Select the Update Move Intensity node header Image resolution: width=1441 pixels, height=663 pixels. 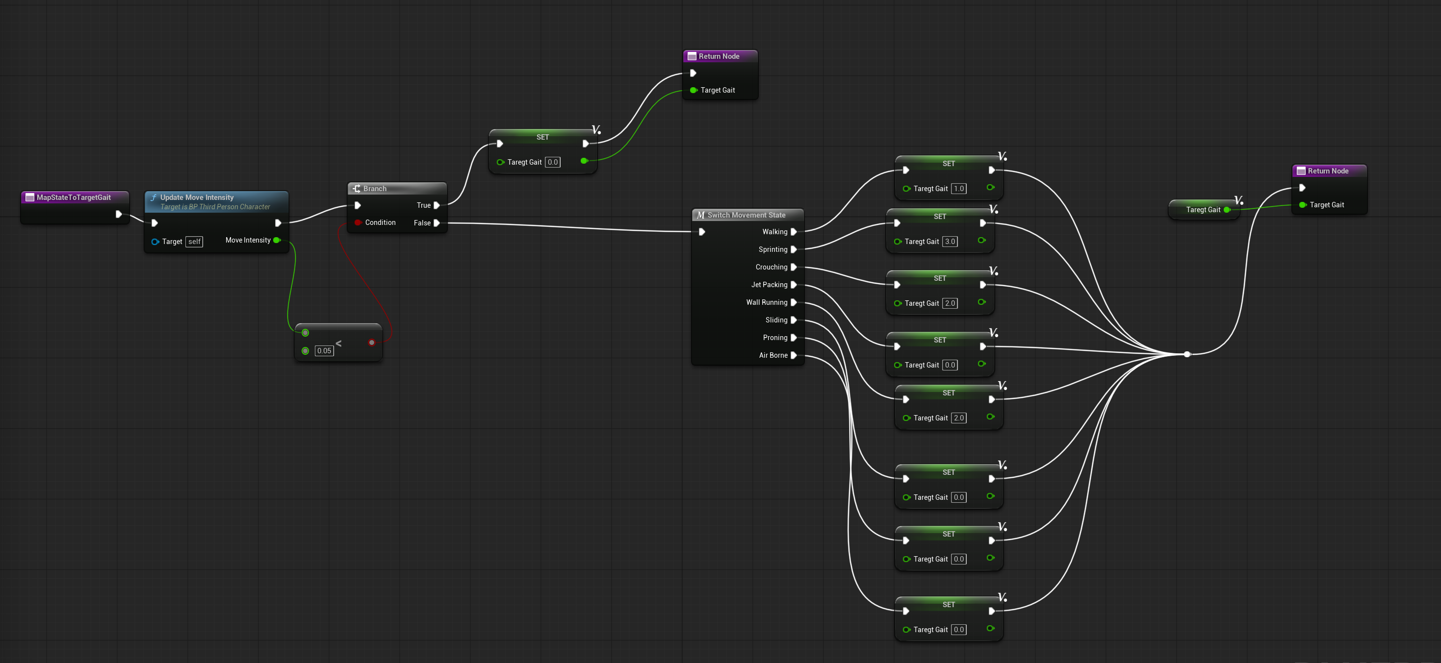pyautogui.click(x=197, y=197)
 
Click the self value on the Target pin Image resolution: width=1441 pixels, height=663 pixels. pyautogui.click(x=194, y=242)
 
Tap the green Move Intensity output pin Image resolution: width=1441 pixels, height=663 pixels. pyautogui.click(x=276, y=241)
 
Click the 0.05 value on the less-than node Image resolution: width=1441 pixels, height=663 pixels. pyautogui.click(x=324, y=351)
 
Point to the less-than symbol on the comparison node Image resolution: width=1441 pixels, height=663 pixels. pyautogui.click(x=338, y=343)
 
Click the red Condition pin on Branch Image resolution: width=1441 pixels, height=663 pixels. pyautogui.click(x=358, y=222)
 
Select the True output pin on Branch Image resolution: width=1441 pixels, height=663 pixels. pyautogui.click(x=437, y=205)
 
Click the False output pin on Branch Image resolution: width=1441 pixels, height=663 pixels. pyautogui.click(x=437, y=223)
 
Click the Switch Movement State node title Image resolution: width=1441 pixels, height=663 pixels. pyautogui.click(x=746, y=215)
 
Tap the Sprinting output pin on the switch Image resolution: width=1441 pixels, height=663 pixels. pyautogui.click(x=793, y=249)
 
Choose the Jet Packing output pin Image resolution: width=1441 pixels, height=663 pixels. pyautogui.click(x=793, y=285)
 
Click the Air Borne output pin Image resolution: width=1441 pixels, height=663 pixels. pyautogui.click(x=793, y=356)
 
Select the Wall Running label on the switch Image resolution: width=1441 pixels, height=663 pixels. pyautogui.click(x=767, y=302)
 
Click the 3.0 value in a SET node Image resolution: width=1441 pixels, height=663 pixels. pyautogui.click(x=950, y=242)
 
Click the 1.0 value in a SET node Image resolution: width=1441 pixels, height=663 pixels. pyautogui.click(x=959, y=188)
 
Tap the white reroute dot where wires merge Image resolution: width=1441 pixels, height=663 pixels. pyautogui.click(x=1187, y=354)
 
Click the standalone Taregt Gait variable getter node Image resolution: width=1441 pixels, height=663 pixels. pyautogui.click(x=1203, y=210)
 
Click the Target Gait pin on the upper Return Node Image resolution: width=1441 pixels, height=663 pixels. pyautogui.click(x=694, y=90)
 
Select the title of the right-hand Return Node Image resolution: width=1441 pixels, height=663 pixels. pyautogui.click(x=1328, y=171)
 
